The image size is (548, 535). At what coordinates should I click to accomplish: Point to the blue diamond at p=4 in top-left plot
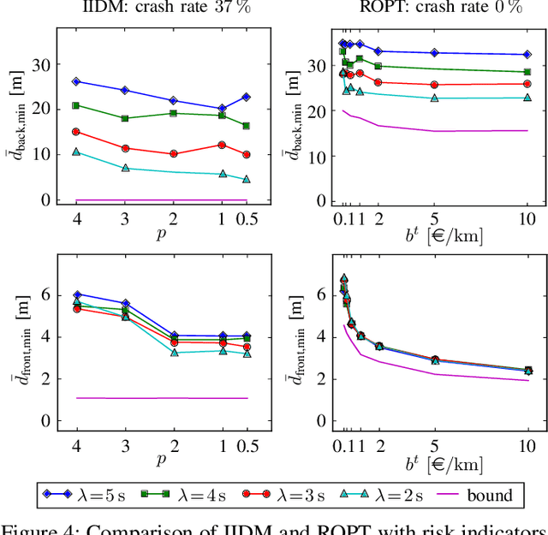[76, 81]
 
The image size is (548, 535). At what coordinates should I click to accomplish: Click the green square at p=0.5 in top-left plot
[247, 126]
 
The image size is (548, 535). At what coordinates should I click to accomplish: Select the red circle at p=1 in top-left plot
[223, 145]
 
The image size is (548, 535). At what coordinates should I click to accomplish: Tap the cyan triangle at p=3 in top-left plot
[125, 169]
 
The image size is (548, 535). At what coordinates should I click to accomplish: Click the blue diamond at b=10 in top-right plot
[527, 55]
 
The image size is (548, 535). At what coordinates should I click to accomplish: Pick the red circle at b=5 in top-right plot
[434, 85]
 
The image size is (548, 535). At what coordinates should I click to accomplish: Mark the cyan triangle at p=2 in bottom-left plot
[175, 353]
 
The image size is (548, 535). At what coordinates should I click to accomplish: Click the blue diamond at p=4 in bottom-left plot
[76, 294]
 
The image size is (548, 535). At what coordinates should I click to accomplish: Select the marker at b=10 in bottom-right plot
[527, 371]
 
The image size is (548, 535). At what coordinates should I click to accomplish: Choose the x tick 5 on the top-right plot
[434, 217]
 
